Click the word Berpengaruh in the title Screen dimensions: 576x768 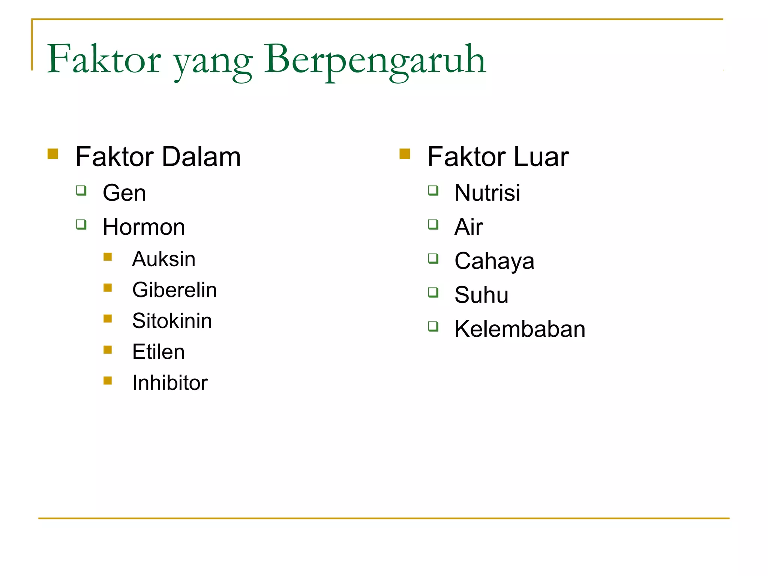pos(375,60)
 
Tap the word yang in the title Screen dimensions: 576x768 pos(213,62)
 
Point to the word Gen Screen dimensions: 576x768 pos(124,193)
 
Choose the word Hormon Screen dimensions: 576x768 pos(144,227)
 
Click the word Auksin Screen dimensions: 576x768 pos(164,259)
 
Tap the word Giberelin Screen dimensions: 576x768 pos(174,290)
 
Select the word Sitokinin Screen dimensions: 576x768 pos(172,321)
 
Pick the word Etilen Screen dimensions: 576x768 pos(158,352)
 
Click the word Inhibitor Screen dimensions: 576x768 pos(170,383)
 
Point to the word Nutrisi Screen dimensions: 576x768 pos(487,193)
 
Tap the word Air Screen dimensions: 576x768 pos(469,227)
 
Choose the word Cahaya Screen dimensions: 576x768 pos(494,261)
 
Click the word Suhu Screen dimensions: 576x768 pos(481,295)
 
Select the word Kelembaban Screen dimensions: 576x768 pos(520,329)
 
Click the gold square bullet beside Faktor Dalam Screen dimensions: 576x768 pos(53,154)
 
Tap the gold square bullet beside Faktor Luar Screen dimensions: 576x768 pos(405,154)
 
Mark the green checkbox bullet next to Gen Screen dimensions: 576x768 pos(81,190)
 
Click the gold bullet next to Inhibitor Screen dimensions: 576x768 pos(108,381)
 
